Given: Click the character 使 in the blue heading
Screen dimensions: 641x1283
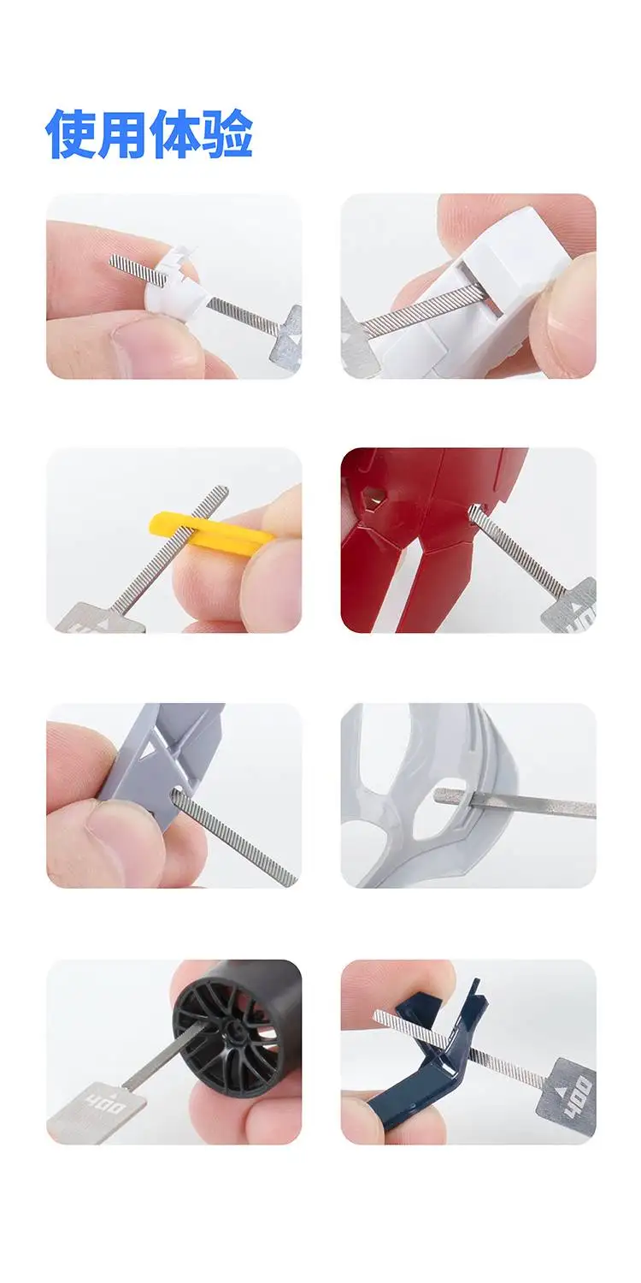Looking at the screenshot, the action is point(71,134).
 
